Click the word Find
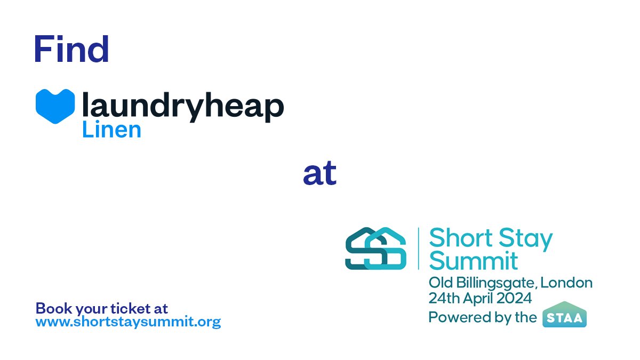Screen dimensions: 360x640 click(x=71, y=49)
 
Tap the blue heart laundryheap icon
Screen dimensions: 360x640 click(x=55, y=106)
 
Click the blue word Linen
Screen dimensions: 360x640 click(x=111, y=129)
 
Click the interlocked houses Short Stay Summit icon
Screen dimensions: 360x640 click(x=375, y=248)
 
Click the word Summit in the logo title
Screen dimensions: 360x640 click(x=474, y=261)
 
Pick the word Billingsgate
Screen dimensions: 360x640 click(x=502, y=283)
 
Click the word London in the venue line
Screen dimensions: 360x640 click(x=570, y=282)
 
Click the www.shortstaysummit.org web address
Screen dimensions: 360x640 click(x=128, y=322)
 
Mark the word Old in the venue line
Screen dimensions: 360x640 click(x=439, y=282)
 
